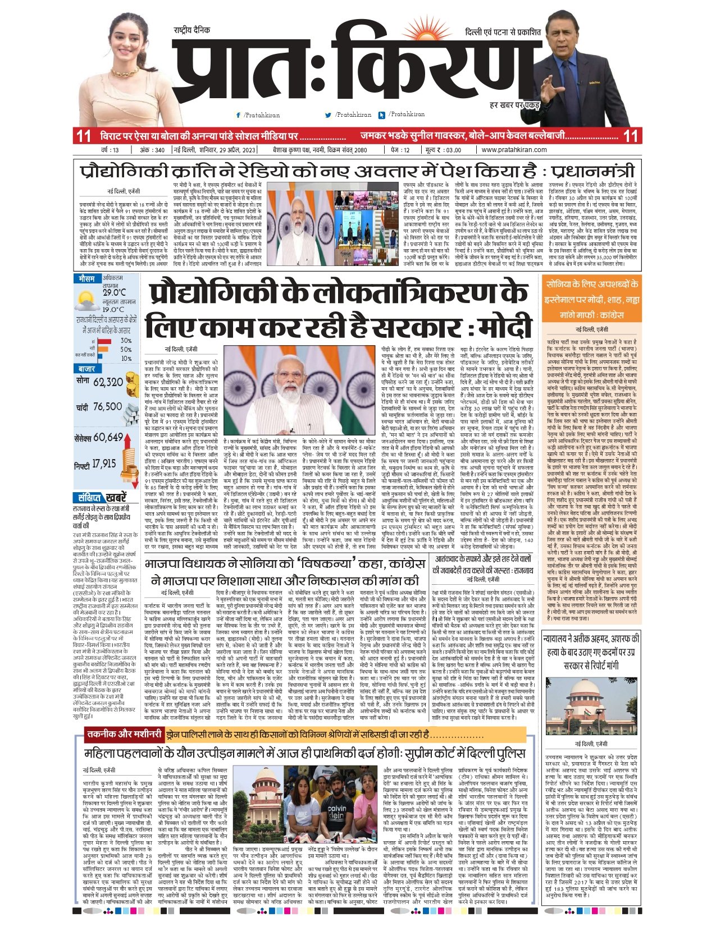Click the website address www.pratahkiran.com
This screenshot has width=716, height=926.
tap(514, 150)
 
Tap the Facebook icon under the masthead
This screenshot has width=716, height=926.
tap(239, 115)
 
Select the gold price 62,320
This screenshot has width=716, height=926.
tap(108, 382)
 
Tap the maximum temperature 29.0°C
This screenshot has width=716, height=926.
tap(114, 292)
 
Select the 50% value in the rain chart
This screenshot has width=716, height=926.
tap(126, 349)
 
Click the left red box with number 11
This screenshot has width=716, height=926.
tap(84, 136)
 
